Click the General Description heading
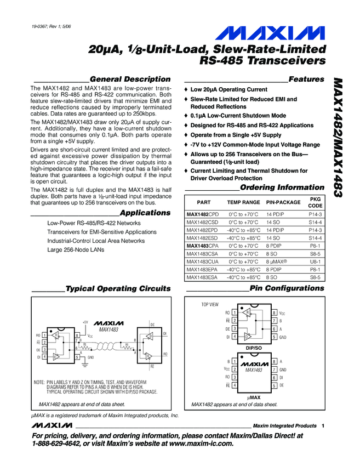click(x=129, y=79)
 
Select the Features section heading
click(x=306, y=79)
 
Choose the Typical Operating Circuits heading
click(x=117, y=288)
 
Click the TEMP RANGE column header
click(x=243, y=202)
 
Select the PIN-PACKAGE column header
click(x=283, y=202)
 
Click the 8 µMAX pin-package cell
click(x=278, y=262)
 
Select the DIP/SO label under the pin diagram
click(x=254, y=348)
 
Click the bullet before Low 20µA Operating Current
click(x=186, y=89)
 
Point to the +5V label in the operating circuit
click(x=85, y=322)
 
